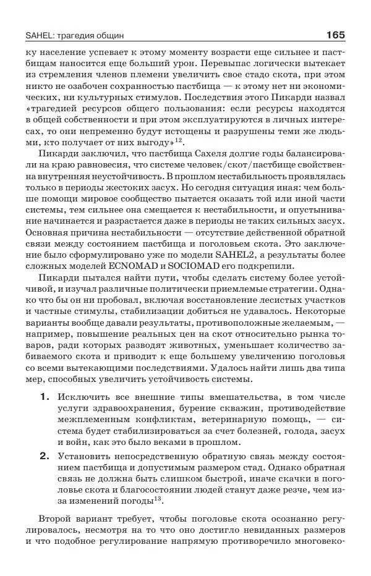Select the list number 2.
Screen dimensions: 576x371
pyautogui.click(x=45, y=456)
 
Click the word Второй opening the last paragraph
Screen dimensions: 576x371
pyautogui.click(x=56, y=519)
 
